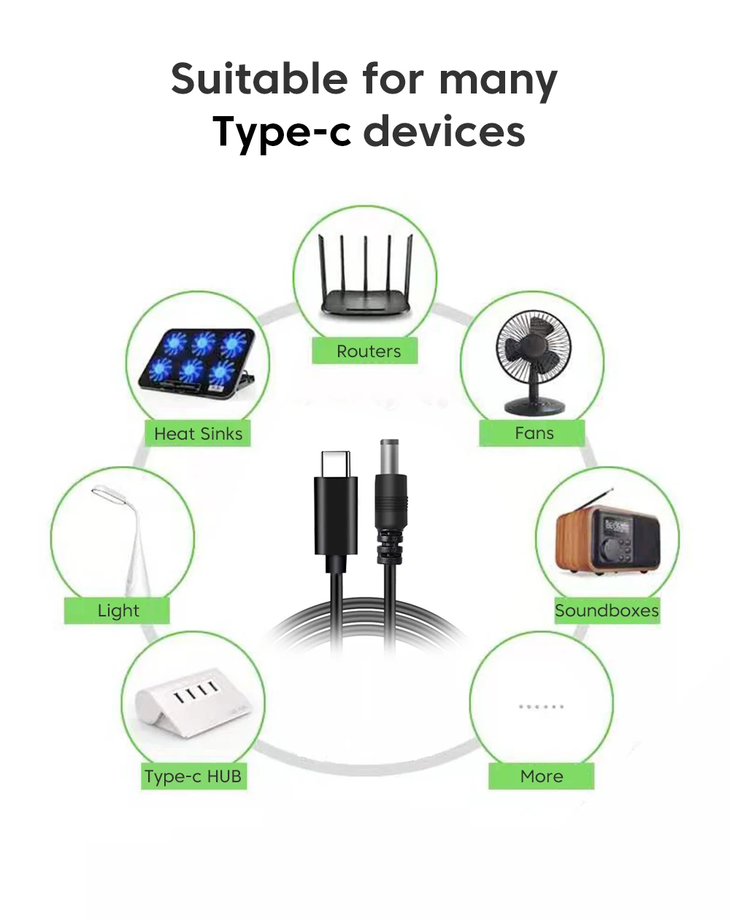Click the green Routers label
pyautogui.click(x=364, y=351)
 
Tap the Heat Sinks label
pyautogui.click(x=198, y=434)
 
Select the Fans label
pyautogui.click(x=532, y=433)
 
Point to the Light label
pyautogui.click(x=117, y=611)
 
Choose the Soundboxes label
pyautogui.click(x=607, y=611)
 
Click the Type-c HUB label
pyautogui.click(x=194, y=776)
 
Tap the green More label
pyautogui.click(x=542, y=776)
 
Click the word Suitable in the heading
pyautogui.click(x=259, y=78)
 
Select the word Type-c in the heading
pyautogui.click(x=283, y=131)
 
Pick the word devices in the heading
pyautogui.click(x=444, y=131)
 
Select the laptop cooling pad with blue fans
pyautogui.click(x=197, y=364)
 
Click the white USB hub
pyautogui.click(x=193, y=703)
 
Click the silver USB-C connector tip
pyautogui.click(x=336, y=464)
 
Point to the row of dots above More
pyautogui.click(x=542, y=706)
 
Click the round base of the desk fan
pyautogui.click(x=533, y=407)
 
